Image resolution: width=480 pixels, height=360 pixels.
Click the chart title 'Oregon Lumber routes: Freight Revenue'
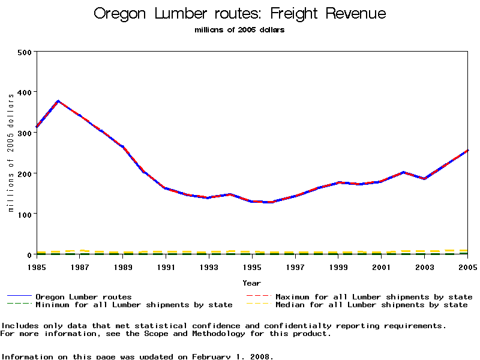(240, 14)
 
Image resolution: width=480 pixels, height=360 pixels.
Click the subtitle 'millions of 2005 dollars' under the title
(240, 30)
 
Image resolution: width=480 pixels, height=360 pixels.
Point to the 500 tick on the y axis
(24, 52)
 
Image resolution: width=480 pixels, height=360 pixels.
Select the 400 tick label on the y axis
(24, 92)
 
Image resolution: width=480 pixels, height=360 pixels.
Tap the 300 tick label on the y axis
(24, 133)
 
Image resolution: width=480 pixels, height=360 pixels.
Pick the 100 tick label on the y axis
(24, 214)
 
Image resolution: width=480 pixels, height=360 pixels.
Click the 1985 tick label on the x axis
(37, 266)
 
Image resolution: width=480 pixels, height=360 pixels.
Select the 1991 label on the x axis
(166, 266)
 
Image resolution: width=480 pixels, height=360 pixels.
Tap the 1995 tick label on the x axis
(253, 266)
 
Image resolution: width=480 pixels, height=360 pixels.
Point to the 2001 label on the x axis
(382, 266)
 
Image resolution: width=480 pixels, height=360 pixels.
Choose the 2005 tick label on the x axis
(467, 266)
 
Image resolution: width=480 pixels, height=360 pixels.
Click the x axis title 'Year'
(252, 283)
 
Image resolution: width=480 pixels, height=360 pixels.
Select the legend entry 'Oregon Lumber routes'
(83, 296)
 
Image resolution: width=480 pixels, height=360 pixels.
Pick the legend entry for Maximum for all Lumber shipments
(374, 296)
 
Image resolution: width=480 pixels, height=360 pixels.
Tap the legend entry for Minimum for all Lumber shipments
(134, 305)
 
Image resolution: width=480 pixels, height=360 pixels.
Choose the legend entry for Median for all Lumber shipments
(371, 305)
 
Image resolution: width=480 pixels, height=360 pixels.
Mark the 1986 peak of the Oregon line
(58, 101)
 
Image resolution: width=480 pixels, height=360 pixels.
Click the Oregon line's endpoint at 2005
(467, 151)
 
